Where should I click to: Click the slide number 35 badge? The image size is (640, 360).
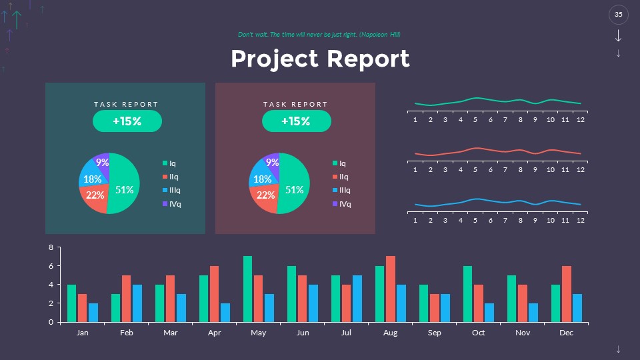618,15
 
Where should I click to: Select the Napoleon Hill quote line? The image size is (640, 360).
319,34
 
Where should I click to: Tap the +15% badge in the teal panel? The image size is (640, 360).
127,121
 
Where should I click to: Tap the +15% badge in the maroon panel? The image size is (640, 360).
296,121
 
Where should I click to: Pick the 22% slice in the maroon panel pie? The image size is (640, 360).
265,196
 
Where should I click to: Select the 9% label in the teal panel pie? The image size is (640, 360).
102,162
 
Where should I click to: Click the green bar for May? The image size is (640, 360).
247,289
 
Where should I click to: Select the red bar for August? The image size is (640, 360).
391,289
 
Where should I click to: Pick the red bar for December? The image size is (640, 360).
567,293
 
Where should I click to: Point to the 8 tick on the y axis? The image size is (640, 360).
50,247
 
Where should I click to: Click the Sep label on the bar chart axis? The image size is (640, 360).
434,332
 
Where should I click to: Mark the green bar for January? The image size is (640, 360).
71,303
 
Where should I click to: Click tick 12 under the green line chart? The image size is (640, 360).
581,120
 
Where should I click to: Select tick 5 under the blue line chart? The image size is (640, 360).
475,221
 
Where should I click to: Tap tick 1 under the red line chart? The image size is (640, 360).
415,170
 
